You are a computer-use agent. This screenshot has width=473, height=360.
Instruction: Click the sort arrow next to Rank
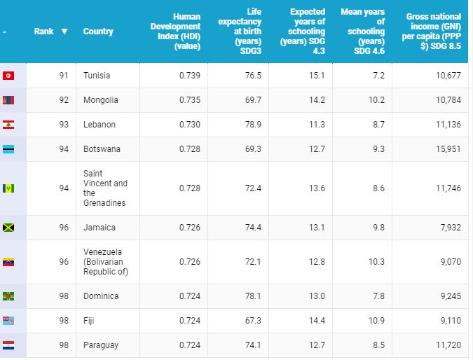[x=64, y=32]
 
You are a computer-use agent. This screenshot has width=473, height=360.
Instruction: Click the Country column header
[x=98, y=32]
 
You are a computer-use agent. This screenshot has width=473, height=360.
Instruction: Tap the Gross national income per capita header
[x=433, y=31]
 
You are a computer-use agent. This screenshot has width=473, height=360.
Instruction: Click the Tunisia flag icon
[x=9, y=76]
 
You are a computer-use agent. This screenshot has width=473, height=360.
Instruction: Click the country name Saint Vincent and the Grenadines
[x=105, y=188]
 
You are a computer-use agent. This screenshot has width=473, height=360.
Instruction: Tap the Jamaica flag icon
[x=9, y=228]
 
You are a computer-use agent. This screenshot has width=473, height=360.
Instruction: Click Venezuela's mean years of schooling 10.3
[x=376, y=262]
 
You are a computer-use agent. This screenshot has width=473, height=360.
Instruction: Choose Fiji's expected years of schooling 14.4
[x=317, y=321]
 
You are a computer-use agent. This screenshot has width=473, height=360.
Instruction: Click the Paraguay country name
[x=101, y=345]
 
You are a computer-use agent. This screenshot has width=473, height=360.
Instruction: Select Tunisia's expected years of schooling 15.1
[x=317, y=76]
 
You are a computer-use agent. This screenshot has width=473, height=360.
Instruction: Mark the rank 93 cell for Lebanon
[x=64, y=125]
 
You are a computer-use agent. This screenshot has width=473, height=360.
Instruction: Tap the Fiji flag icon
[x=9, y=321]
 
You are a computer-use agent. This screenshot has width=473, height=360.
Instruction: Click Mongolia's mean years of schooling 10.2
[x=376, y=100]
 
